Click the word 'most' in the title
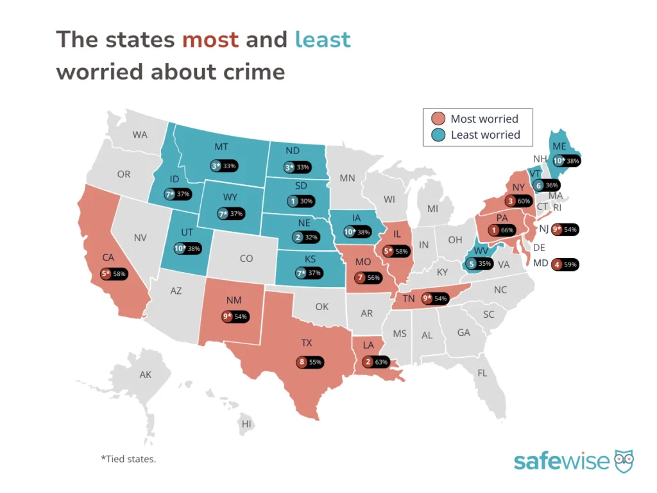tap(210, 40)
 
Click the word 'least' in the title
tap(322, 40)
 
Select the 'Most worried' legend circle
tap(438, 119)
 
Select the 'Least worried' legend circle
tap(438, 135)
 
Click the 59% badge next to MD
tap(566, 264)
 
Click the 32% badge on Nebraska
tap(306, 237)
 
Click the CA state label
tap(108, 257)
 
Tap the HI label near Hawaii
tap(246, 424)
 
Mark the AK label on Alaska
tap(146, 374)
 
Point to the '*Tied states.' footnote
tap(128, 459)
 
